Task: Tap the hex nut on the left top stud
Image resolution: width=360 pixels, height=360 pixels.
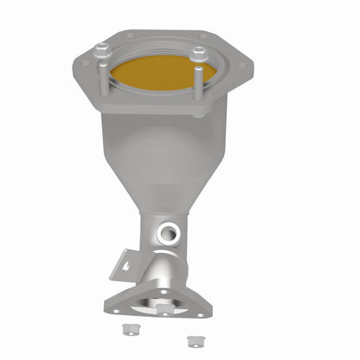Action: (x=102, y=50)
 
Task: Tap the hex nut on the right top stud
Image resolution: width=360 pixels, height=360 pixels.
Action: (x=199, y=54)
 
